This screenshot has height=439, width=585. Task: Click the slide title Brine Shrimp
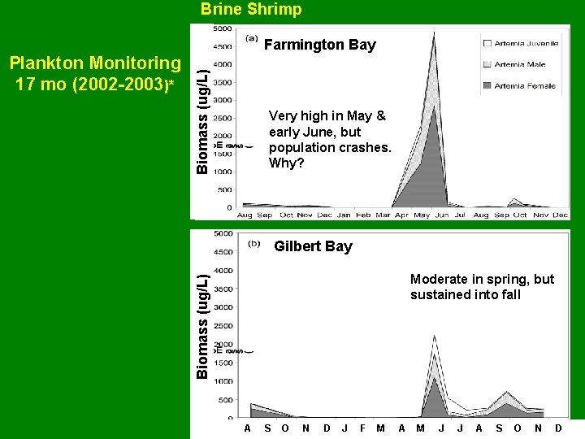pos(251,10)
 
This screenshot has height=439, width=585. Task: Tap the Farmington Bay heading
pos(320,45)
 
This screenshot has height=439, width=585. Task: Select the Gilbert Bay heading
pos(313,246)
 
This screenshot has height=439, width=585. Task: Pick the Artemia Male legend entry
pos(520,64)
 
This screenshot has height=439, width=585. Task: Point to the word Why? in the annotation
pos(287,163)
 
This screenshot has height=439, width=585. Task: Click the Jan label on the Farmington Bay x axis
pos(344,215)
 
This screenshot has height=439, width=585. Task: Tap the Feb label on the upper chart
pos(363,215)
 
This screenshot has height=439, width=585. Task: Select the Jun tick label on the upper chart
pos(441,215)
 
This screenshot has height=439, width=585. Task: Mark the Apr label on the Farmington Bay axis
pos(402,215)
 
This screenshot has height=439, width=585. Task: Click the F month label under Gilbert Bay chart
pos(362,428)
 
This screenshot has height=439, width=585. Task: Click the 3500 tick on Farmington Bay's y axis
pos(222,82)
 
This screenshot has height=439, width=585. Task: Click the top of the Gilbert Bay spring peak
pos(435,335)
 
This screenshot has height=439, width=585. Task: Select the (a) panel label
pos(252,37)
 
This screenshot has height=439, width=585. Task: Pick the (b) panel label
pos(253,242)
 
